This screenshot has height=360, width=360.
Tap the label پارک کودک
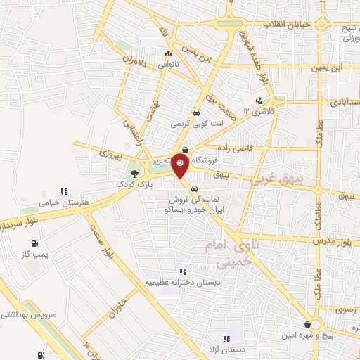pos(135,185)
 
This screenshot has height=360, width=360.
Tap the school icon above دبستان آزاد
pos(226,338)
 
